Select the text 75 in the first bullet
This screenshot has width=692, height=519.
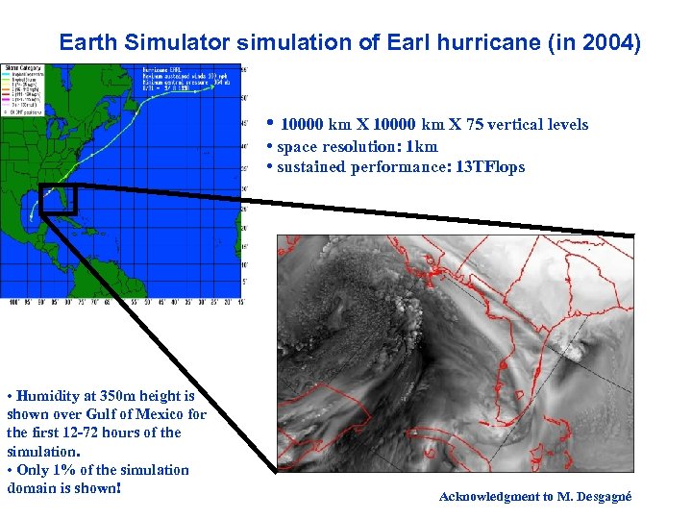tap(477, 125)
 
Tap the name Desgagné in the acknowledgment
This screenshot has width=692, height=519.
tap(603, 497)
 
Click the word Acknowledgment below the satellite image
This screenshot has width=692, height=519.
tap(491, 497)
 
